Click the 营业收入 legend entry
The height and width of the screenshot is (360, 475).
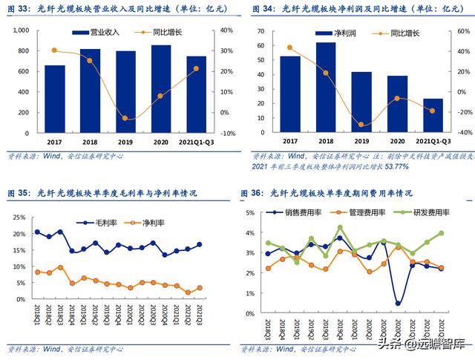(x=96, y=33)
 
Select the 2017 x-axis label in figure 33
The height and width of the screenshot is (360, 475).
(x=54, y=140)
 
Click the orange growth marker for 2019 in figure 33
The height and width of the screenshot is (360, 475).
(x=125, y=118)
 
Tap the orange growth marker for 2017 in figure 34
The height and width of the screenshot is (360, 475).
(x=289, y=47)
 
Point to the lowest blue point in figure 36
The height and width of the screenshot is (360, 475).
(x=398, y=303)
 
